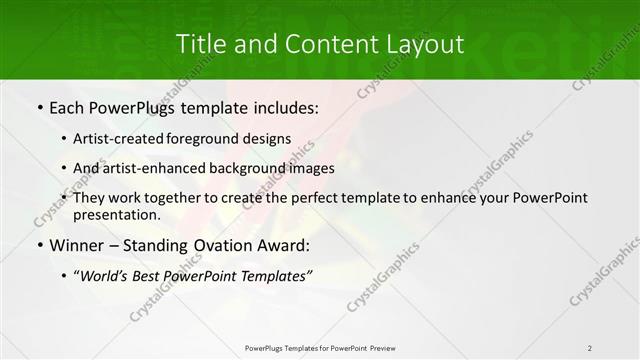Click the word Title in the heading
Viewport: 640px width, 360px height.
click(198, 44)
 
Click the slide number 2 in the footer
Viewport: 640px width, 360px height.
click(590, 347)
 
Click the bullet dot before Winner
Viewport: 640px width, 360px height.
click(39, 245)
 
